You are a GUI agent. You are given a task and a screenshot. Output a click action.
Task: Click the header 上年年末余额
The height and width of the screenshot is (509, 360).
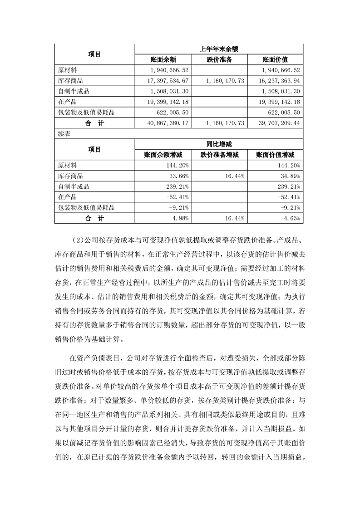[x=219, y=49]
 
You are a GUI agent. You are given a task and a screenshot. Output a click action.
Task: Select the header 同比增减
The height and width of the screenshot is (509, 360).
[x=219, y=144]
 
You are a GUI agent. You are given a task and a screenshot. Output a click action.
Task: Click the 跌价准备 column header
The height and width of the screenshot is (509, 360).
[x=219, y=60]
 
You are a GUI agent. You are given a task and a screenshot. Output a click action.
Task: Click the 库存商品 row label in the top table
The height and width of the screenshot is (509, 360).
[x=70, y=80]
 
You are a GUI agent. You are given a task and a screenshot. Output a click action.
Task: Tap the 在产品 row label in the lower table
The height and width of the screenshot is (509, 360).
[x=67, y=197]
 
